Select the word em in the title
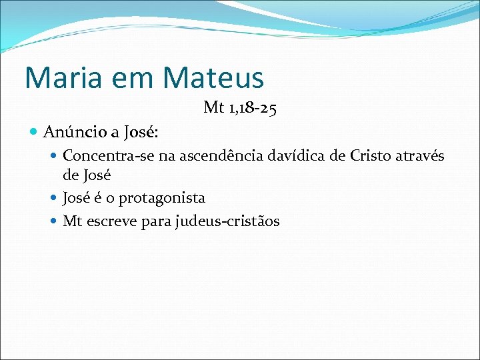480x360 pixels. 137,78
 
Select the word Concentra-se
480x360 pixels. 103,157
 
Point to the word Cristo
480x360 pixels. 371,157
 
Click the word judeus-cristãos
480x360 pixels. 227,221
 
